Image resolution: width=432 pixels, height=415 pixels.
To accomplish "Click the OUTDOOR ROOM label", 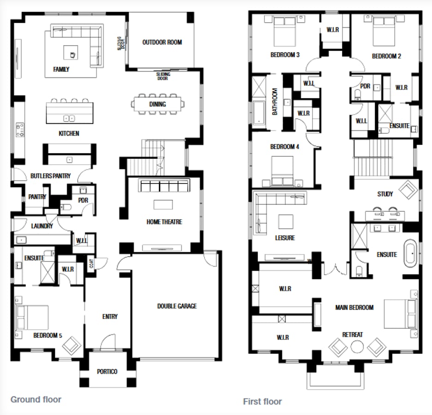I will pyautogui.click(x=162, y=42).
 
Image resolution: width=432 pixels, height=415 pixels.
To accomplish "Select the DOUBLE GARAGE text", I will pyautogui.click(x=177, y=306).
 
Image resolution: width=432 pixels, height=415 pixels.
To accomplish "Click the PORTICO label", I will pyautogui.click(x=107, y=372).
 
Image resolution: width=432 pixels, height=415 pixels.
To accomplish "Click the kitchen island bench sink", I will pyautogui.click(x=69, y=118).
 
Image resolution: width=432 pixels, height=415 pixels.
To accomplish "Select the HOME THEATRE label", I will pyautogui.click(x=164, y=222).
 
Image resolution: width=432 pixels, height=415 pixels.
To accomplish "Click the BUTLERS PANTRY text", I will pyautogui.click(x=50, y=176).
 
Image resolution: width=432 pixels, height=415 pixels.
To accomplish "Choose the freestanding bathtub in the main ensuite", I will pyautogui.click(x=411, y=253).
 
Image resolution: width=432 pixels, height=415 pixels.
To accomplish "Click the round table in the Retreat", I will pyautogui.click(x=357, y=346).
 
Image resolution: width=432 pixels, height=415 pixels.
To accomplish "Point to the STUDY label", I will pyautogui.click(x=385, y=194).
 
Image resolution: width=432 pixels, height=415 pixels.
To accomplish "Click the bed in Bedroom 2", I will pyautogui.click(x=384, y=30).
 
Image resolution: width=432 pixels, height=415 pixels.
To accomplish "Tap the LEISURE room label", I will pyautogui.click(x=284, y=238).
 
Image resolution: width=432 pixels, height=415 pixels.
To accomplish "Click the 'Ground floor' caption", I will pyautogui.click(x=36, y=399).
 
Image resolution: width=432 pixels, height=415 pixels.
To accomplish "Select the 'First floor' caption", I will pyautogui.click(x=262, y=401).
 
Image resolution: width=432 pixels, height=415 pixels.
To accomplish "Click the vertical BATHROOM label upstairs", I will pyautogui.click(x=275, y=101).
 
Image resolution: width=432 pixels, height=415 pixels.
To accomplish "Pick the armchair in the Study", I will pyautogui.click(x=408, y=189).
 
